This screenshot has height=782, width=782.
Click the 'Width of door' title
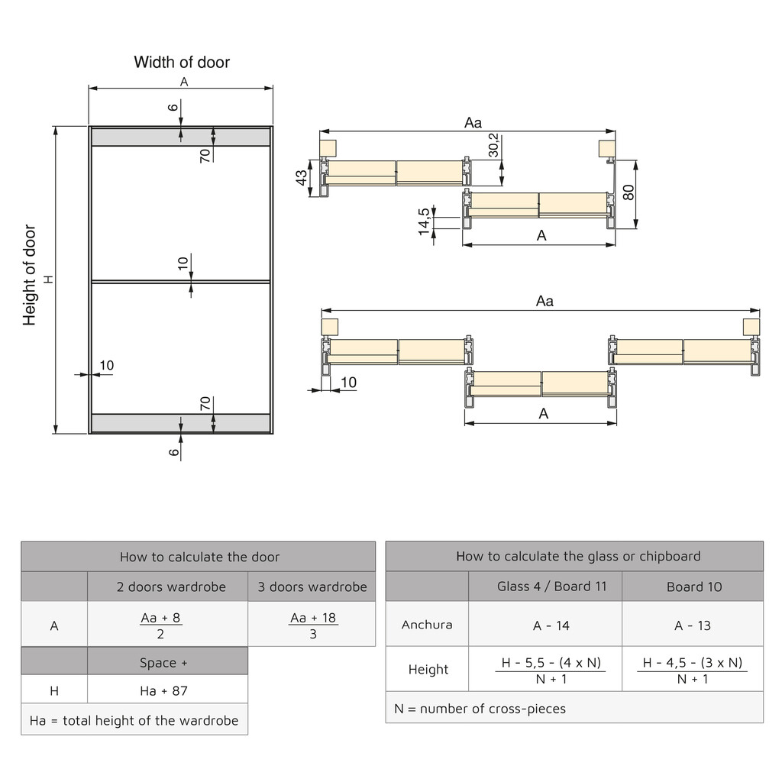coord(182,63)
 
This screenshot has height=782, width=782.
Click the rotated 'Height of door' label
coord(30,275)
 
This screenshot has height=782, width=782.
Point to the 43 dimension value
coord(302,177)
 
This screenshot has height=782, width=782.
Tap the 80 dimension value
coord(629,192)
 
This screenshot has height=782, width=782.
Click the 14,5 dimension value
coord(425,221)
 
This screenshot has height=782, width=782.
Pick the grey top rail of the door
coord(180,137)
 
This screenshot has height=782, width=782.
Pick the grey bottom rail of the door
coord(180,423)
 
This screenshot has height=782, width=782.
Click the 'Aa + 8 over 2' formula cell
coord(160,625)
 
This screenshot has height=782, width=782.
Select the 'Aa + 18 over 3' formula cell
coord(312,625)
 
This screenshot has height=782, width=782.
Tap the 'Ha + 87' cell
coord(163,690)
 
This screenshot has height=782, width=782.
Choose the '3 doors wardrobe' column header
coord(312,586)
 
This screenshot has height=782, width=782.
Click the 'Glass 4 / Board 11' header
coord(545,586)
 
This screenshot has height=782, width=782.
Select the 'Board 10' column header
coord(693,586)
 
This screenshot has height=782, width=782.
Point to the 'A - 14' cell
coord(551,625)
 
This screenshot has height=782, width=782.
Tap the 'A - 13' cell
coord(692,625)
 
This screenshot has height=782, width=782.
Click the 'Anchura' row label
coord(427,625)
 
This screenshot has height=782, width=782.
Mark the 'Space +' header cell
coord(163,662)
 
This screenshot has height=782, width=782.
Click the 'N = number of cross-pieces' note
coord(480,709)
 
